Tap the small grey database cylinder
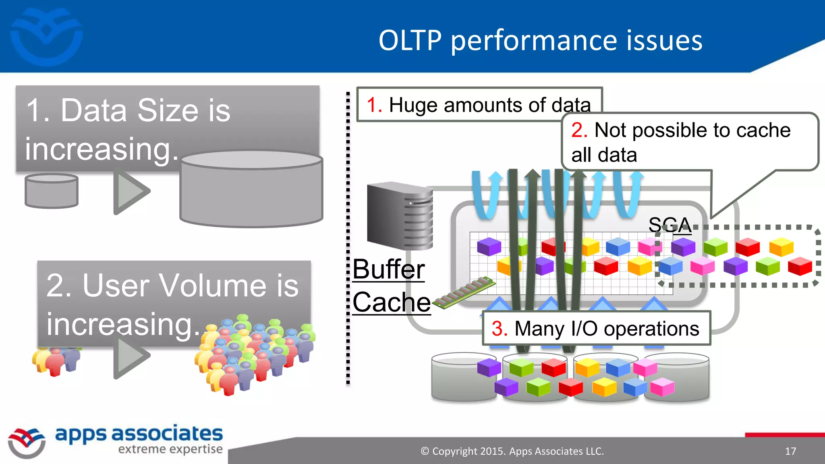51,191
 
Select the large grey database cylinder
251,189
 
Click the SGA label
670,225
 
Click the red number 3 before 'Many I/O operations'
500,329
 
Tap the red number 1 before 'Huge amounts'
374,106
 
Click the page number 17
790,451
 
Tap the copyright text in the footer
512,451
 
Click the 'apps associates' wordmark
139,434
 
